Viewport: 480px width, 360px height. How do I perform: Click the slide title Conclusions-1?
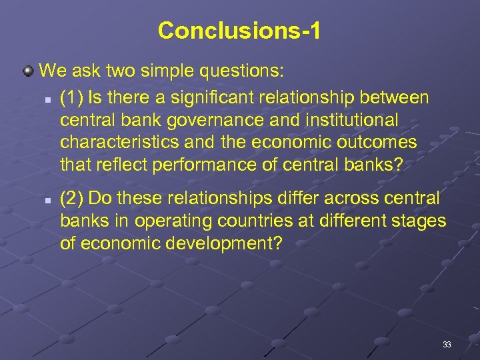click(239, 31)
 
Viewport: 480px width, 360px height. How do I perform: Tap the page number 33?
click(447, 345)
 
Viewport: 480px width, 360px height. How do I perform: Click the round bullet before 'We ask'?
click(29, 70)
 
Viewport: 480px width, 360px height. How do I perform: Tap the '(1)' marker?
click(71, 99)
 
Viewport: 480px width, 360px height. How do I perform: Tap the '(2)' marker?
click(71, 199)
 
